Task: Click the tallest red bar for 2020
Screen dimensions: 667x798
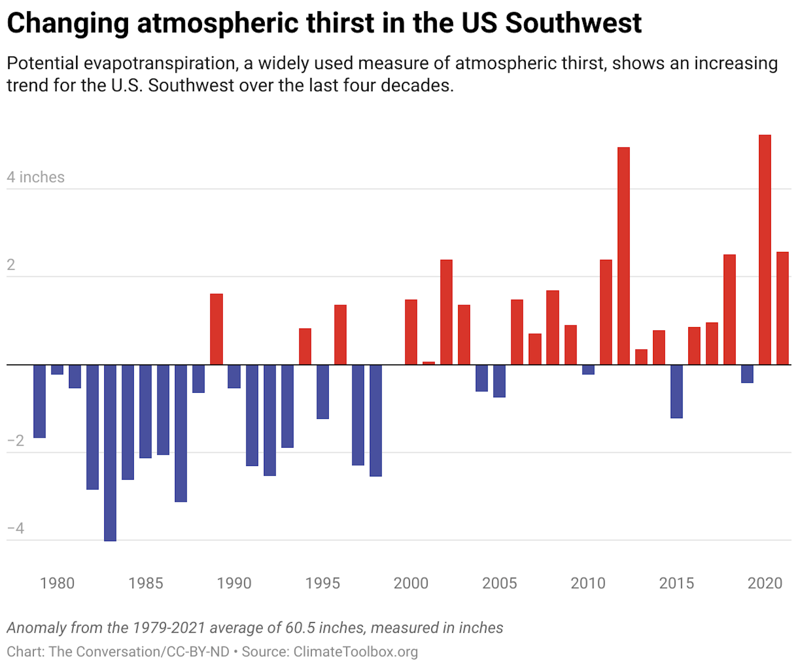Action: point(765,249)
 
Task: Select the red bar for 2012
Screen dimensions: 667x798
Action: point(623,256)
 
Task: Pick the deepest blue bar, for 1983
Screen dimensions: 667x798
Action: point(110,453)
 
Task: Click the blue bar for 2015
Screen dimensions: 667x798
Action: point(677,391)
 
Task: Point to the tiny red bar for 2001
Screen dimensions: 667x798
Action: point(429,363)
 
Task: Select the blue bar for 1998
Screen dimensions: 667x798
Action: point(376,420)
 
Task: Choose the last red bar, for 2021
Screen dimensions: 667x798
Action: point(783,308)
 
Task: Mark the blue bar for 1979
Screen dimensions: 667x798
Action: point(39,401)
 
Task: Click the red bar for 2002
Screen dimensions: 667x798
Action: point(446,312)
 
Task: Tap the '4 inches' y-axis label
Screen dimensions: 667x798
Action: point(36,177)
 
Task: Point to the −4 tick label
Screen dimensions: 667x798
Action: point(16,528)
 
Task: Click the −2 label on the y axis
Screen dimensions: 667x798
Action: point(16,441)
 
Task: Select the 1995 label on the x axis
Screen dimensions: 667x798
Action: point(323,583)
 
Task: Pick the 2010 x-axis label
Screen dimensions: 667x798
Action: point(588,583)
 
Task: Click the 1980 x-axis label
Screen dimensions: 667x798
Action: point(57,583)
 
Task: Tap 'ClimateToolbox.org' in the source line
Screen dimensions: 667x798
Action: point(355,652)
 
